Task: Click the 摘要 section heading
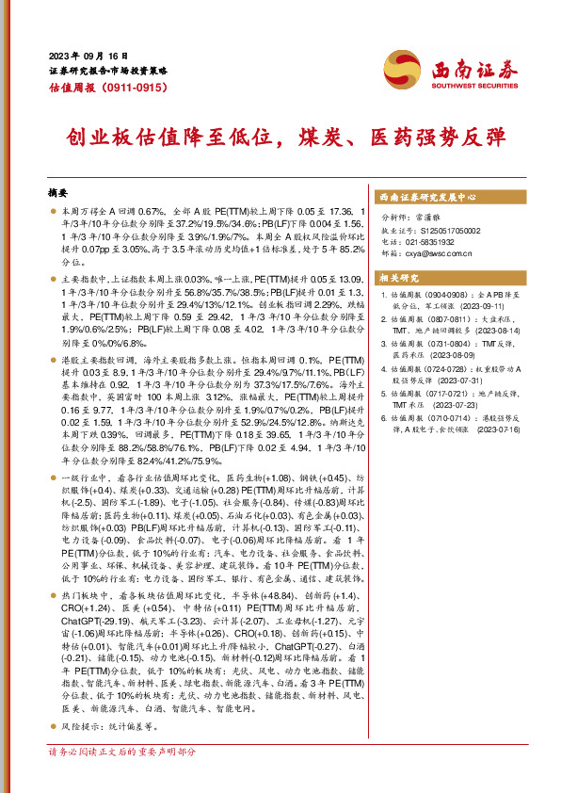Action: point(58,189)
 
